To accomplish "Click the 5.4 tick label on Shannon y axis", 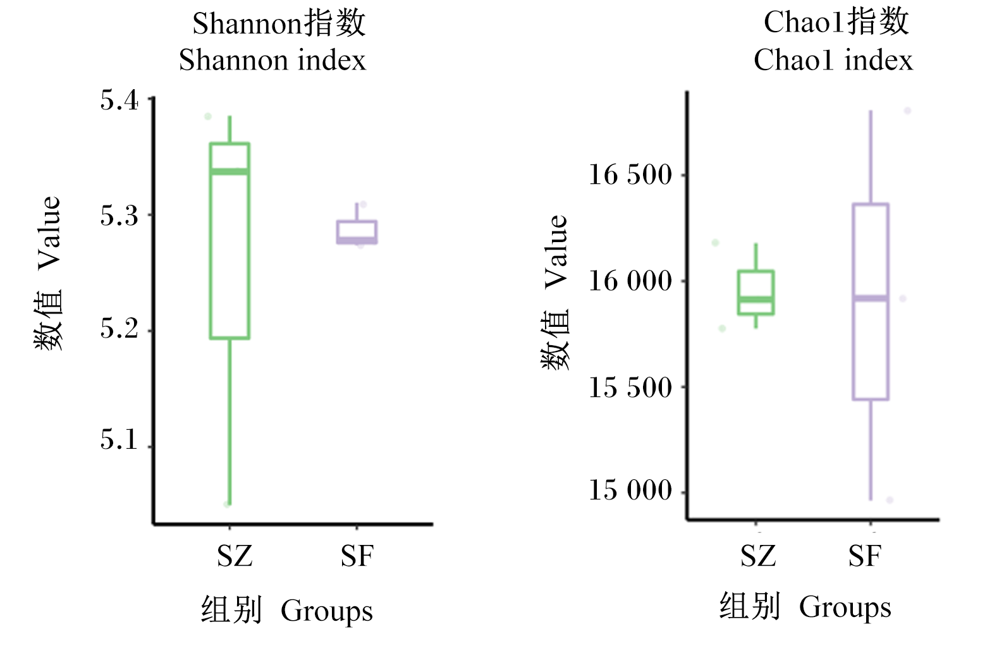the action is [119, 100].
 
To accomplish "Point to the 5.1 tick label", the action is [119, 439].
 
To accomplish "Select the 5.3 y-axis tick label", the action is [119, 216].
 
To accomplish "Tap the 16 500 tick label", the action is [630, 174].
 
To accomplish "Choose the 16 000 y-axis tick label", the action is [630, 281].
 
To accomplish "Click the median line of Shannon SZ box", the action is [230, 172].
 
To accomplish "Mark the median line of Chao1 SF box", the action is [871, 298].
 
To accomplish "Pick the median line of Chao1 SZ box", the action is [756, 299].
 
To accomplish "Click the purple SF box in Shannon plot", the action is [357, 221].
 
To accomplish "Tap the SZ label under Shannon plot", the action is [235, 556].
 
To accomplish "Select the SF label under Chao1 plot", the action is [865, 556].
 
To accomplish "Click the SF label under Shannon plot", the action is [357, 556].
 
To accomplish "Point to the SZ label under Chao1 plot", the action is [758, 556].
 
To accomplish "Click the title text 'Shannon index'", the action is [272, 60].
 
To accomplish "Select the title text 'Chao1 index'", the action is [833, 60].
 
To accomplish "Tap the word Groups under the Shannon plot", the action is [327, 611].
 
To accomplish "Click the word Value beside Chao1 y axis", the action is [556, 252].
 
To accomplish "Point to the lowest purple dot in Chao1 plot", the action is [890, 500].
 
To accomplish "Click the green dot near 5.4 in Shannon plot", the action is [208, 116].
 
